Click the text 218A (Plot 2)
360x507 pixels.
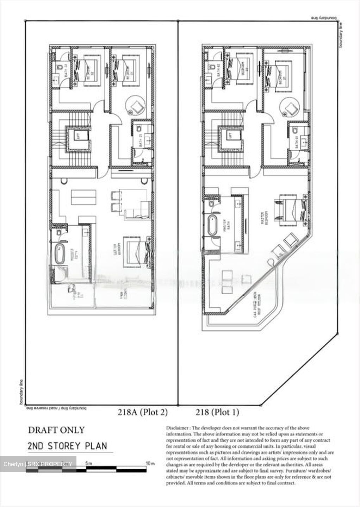point(143,412)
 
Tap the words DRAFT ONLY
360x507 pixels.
point(56,430)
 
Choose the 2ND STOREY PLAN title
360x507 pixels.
point(67,446)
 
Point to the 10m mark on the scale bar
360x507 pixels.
point(150,463)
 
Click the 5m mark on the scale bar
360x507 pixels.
point(89,463)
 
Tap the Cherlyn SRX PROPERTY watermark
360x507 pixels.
point(38,464)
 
